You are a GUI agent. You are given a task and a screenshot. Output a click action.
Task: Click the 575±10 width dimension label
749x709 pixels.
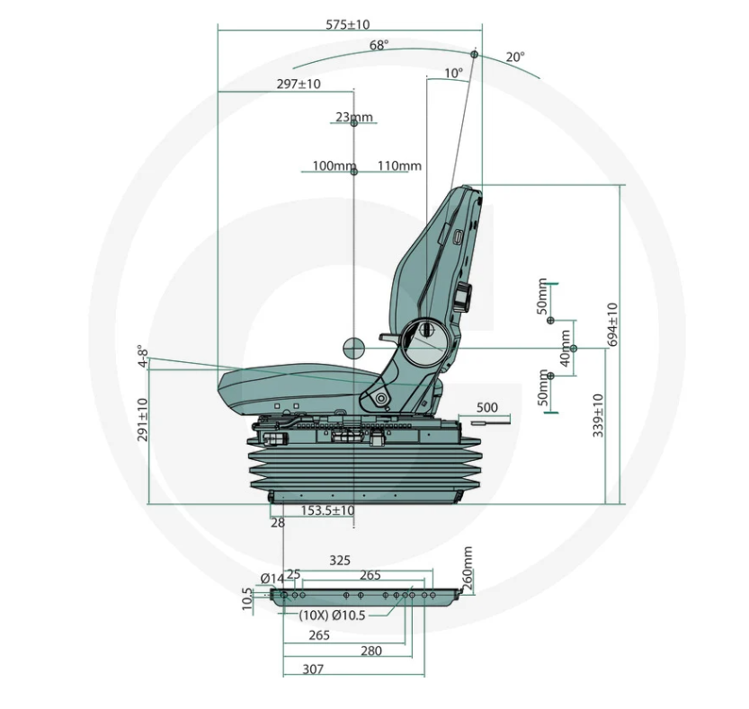(x=348, y=24)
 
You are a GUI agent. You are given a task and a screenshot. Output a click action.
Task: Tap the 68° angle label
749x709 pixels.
(x=379, y=45)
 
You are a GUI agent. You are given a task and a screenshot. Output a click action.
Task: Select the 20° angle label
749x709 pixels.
(x=515, y=58)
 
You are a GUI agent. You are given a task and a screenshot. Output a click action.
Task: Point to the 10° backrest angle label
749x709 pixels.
(x=453, y=74)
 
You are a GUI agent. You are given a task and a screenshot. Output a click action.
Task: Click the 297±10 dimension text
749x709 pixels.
(x=299, y=84)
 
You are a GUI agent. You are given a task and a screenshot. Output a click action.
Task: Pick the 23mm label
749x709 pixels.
(x=354, y=117)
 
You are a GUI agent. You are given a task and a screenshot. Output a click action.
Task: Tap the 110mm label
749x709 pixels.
(x=399, y=166)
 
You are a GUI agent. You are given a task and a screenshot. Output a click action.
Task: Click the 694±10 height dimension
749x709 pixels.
(x=612, y=324)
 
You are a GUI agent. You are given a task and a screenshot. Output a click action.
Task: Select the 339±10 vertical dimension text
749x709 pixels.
(x=598, y=415)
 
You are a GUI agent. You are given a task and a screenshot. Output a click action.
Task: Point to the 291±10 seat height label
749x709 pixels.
(x=142, y=420)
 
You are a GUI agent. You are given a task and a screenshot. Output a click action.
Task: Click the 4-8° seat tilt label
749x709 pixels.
(x=142, y=356)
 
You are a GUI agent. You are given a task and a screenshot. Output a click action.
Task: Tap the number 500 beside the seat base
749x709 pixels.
(x=486, y=408)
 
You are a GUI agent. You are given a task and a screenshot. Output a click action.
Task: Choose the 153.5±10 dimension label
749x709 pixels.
(x=327, y=510)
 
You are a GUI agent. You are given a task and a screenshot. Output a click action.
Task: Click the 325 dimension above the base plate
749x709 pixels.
(x=340, y=561)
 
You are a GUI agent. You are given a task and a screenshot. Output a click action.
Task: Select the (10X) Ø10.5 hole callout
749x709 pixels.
(x=332, y=616)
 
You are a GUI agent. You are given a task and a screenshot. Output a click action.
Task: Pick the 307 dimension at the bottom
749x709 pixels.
(x=313, y=669)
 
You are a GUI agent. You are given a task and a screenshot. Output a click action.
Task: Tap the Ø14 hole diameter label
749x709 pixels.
(x=272, y=579)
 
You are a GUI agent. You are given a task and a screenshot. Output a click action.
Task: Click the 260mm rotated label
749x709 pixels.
(x=468, y=568)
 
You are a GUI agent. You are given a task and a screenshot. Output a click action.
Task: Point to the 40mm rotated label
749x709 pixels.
(x=565, y=349)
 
